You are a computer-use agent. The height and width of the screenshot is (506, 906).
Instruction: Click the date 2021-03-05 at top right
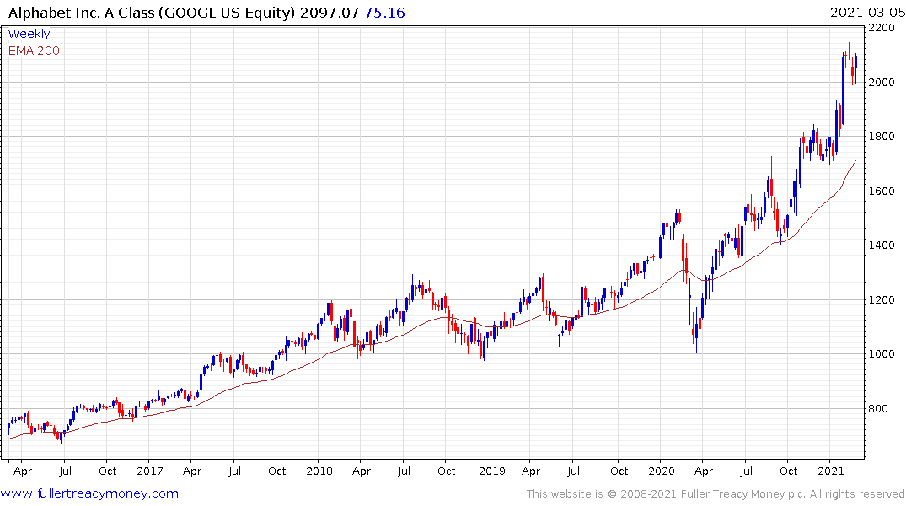coord(865,12)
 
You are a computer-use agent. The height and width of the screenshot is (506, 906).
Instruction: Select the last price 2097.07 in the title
coord(332,12)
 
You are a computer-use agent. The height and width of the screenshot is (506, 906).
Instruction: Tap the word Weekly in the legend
coord(29,34)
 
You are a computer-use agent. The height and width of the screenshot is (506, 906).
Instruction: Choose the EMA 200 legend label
coord(34,51)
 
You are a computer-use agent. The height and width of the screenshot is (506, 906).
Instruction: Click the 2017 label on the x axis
coord(149,471)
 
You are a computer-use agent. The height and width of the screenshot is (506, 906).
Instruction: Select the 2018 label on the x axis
coord(319,471)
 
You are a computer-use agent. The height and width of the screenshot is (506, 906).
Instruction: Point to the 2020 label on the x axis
coord(662,471)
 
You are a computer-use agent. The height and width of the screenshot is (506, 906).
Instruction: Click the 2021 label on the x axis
coord(832,471)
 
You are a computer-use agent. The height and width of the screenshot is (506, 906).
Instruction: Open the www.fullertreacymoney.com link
coord(90,493)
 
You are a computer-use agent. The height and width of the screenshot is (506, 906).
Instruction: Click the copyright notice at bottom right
coord(716,494)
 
